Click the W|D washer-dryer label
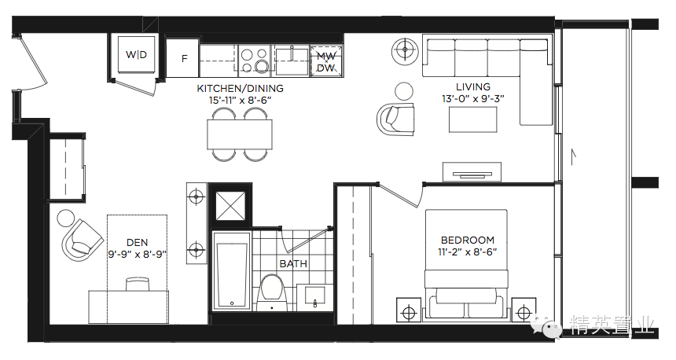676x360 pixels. coord(136,55)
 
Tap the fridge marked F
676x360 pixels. coord(182,58)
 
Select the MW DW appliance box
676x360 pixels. coord(326,61)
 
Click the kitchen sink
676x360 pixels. coord(292,61)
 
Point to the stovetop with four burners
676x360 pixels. coord(255,61)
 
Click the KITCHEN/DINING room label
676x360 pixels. coord(240,88)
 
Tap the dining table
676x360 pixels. coord(240,134)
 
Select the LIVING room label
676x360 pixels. coord(473,86)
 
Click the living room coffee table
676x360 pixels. coord(472,119)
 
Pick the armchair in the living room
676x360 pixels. coord(395,119)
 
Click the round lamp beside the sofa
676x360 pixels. coord(405,50)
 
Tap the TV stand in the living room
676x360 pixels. coord(472,172)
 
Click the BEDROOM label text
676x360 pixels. coord(468,241)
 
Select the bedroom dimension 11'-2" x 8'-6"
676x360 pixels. coord(468,252)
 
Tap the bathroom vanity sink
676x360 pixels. coord(314,296)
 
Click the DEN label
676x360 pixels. coord(137,243)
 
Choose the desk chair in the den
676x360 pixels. coord(137,285)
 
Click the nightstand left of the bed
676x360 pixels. coord(408,310)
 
